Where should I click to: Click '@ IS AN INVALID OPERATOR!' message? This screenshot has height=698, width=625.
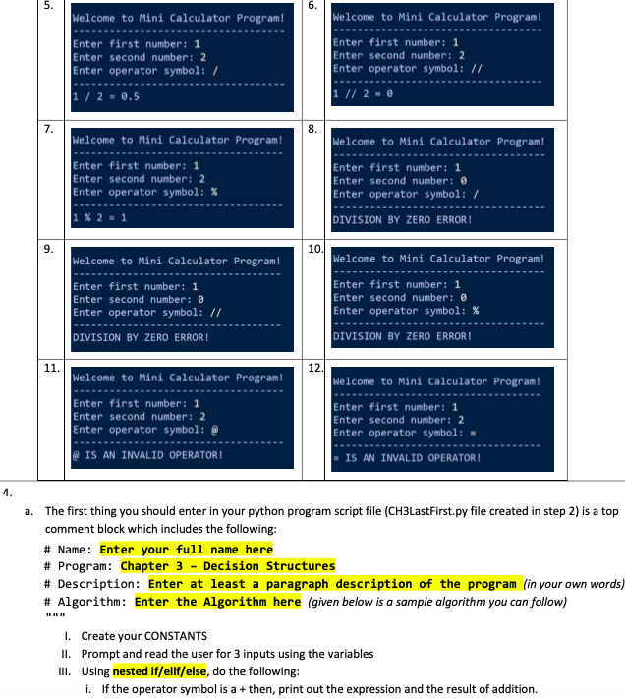click(x=147, y=455)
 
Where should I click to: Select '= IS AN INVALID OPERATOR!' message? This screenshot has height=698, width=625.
click(x=407, y=458)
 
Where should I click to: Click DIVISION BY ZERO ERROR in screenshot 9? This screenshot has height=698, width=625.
click(x=142, y=337)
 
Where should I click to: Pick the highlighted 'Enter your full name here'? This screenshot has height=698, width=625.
click(x=187, y=550)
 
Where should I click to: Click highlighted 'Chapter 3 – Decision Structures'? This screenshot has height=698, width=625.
click(x=227, y=566)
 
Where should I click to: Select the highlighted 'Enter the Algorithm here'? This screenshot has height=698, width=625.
click(x=217, y=601)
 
